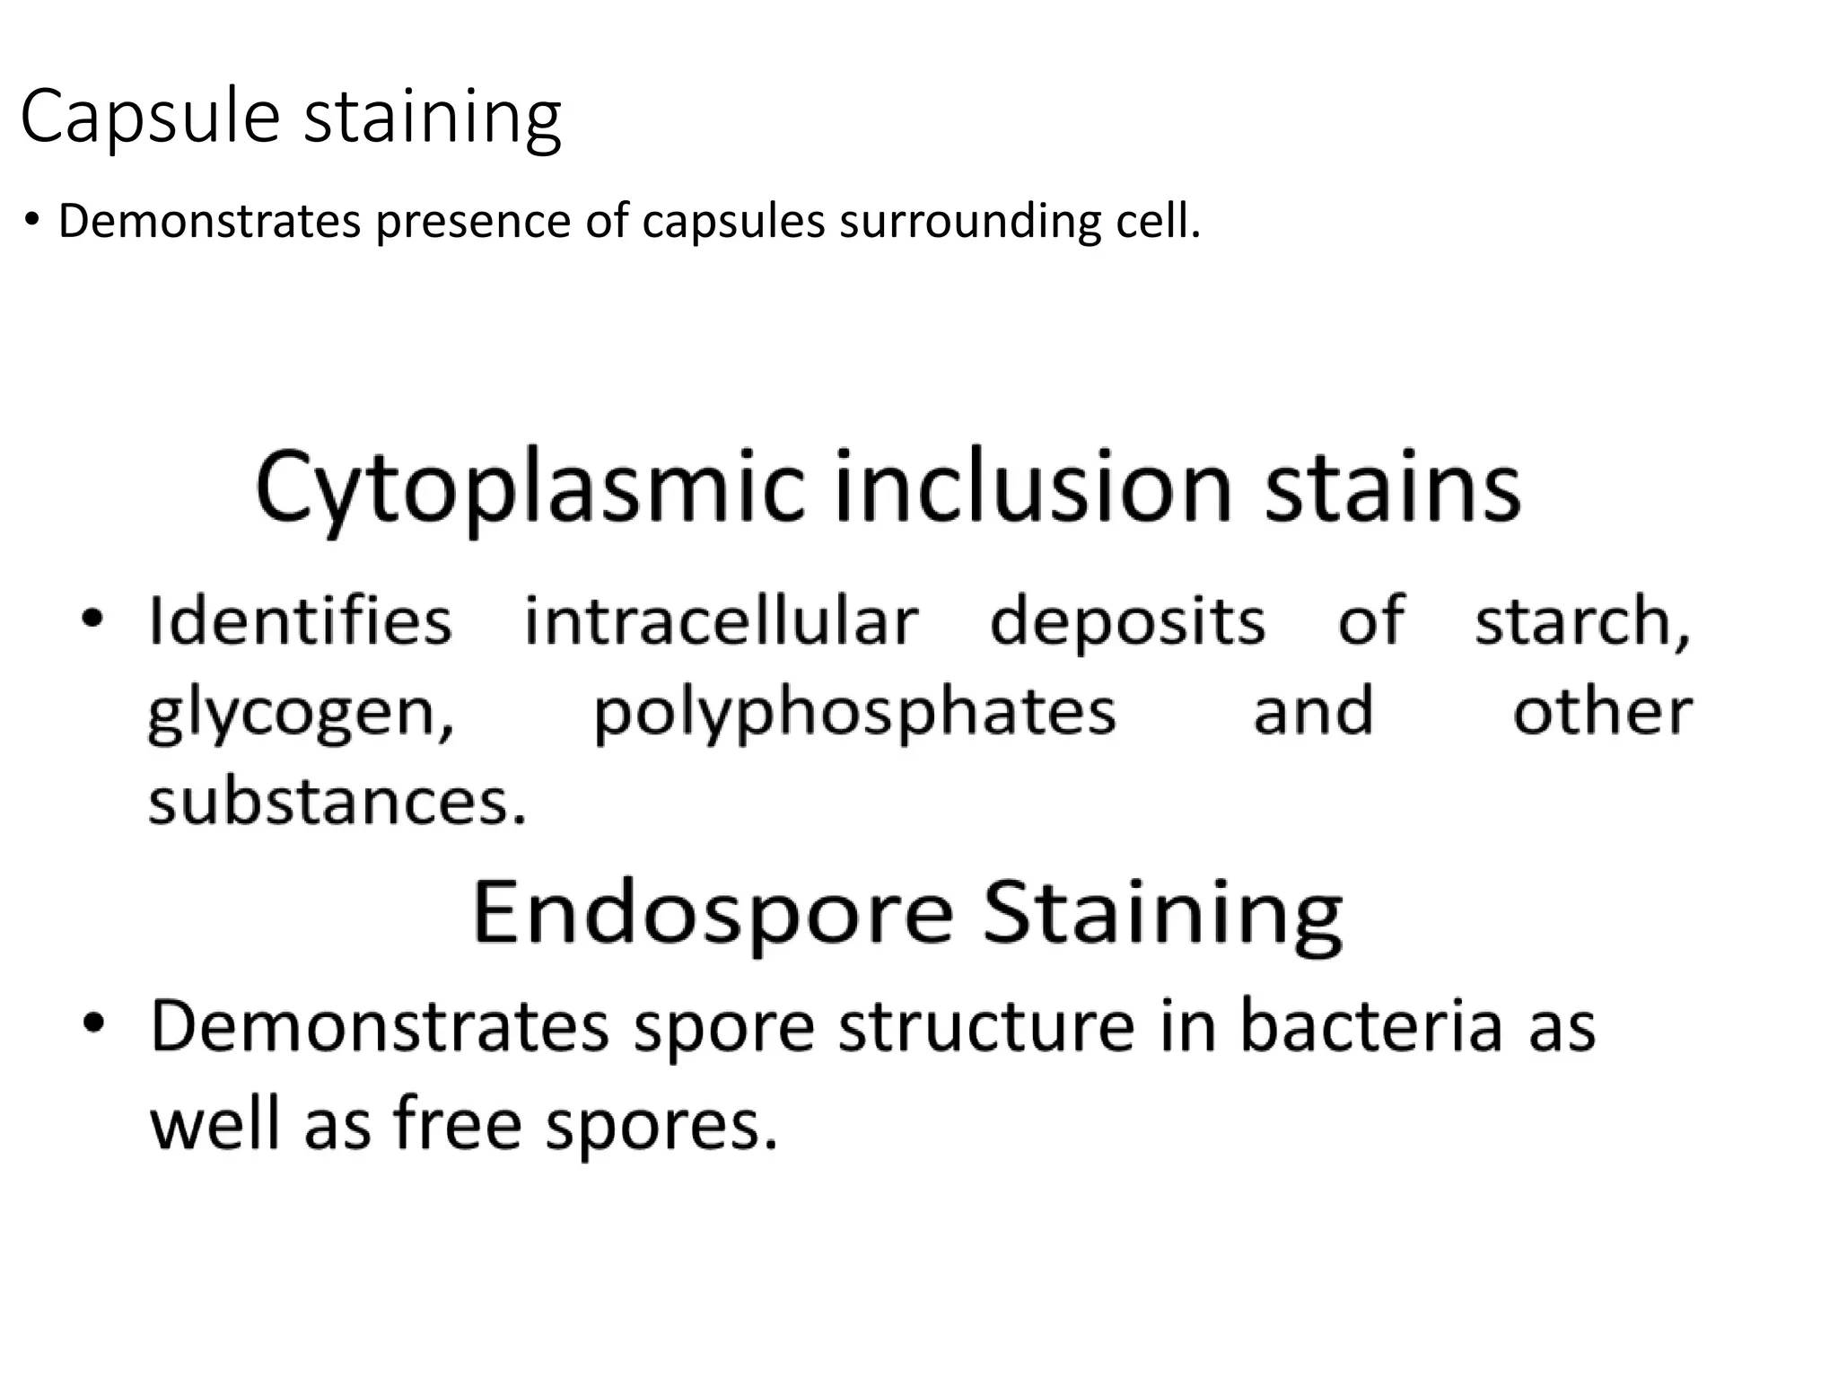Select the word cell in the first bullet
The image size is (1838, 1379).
[1158, 222]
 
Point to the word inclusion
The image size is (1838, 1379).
[1033, 488]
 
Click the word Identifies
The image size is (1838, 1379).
[300, 620]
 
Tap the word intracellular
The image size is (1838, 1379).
[722, 620]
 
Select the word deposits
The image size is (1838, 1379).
[1127, 620]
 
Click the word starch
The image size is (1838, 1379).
[1582, 622]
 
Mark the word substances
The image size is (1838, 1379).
[337, 801]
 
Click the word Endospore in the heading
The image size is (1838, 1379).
[713, 914]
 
